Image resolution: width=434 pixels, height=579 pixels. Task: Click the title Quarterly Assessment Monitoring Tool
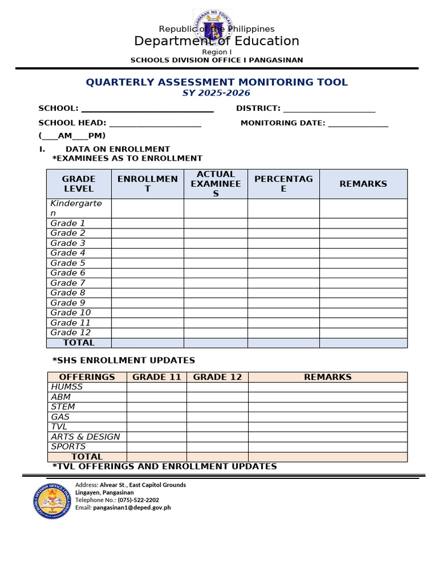(x=216, y=83)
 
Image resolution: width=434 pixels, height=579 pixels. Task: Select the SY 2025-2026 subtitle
(x=216, y=93)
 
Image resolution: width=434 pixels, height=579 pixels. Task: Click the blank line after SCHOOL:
(x=147, y=109)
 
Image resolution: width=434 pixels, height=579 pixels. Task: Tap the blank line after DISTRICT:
(x=329, y=109)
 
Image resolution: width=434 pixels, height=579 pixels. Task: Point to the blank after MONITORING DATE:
(x=358, y=124)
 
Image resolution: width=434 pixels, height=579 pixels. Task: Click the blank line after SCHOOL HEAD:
(x=155, y=124)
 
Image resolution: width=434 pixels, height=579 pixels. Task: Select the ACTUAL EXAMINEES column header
(x=216, y=184)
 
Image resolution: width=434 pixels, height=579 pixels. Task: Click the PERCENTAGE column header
(x=283, y=184)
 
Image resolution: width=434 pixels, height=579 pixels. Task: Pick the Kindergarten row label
(x=76, y=208)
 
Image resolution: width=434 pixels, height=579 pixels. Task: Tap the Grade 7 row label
(x=68, y=283)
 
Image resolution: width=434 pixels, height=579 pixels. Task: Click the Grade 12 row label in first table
(x=70, y=332)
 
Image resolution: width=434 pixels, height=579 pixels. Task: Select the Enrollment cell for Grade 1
(x=147, y=223)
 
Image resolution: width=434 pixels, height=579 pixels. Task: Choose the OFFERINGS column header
(x=87, y=377)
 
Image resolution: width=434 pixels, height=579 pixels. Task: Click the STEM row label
(x=63, y=407)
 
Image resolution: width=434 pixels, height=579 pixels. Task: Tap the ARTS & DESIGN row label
(x=85, y=437)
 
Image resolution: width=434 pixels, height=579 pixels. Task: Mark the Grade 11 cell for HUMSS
(x=157, y=387)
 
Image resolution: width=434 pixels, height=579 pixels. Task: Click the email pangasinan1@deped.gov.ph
(x=132, y=508)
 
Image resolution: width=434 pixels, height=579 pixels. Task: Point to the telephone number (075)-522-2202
(x=138, y=500)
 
